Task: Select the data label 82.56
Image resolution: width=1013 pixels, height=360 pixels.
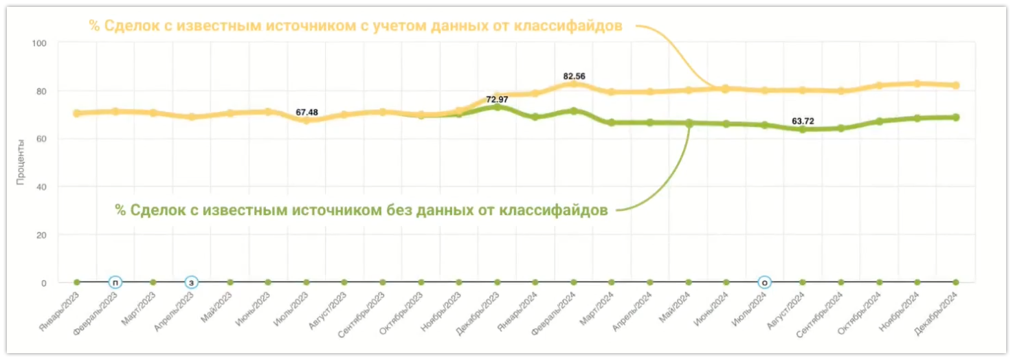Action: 574,76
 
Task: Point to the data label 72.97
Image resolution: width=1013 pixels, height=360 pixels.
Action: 497,100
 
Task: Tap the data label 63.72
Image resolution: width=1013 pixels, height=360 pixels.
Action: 802,121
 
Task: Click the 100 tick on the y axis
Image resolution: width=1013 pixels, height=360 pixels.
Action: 38,43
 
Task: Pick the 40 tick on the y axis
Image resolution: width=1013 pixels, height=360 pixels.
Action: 41,187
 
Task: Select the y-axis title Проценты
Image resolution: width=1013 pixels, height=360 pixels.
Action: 21,162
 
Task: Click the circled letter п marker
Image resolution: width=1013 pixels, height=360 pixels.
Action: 115,282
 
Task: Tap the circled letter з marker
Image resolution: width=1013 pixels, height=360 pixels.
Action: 192,282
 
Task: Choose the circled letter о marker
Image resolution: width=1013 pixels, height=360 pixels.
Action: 764,282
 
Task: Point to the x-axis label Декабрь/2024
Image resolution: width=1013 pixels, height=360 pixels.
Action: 937,310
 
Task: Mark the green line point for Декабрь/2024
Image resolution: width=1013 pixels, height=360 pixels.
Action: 955,117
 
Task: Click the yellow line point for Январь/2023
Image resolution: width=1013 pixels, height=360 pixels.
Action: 76,113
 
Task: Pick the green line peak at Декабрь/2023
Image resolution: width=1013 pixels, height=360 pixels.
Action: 497,107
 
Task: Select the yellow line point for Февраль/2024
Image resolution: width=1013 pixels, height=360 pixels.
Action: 574,83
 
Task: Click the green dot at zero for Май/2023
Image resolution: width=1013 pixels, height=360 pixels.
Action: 230,282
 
